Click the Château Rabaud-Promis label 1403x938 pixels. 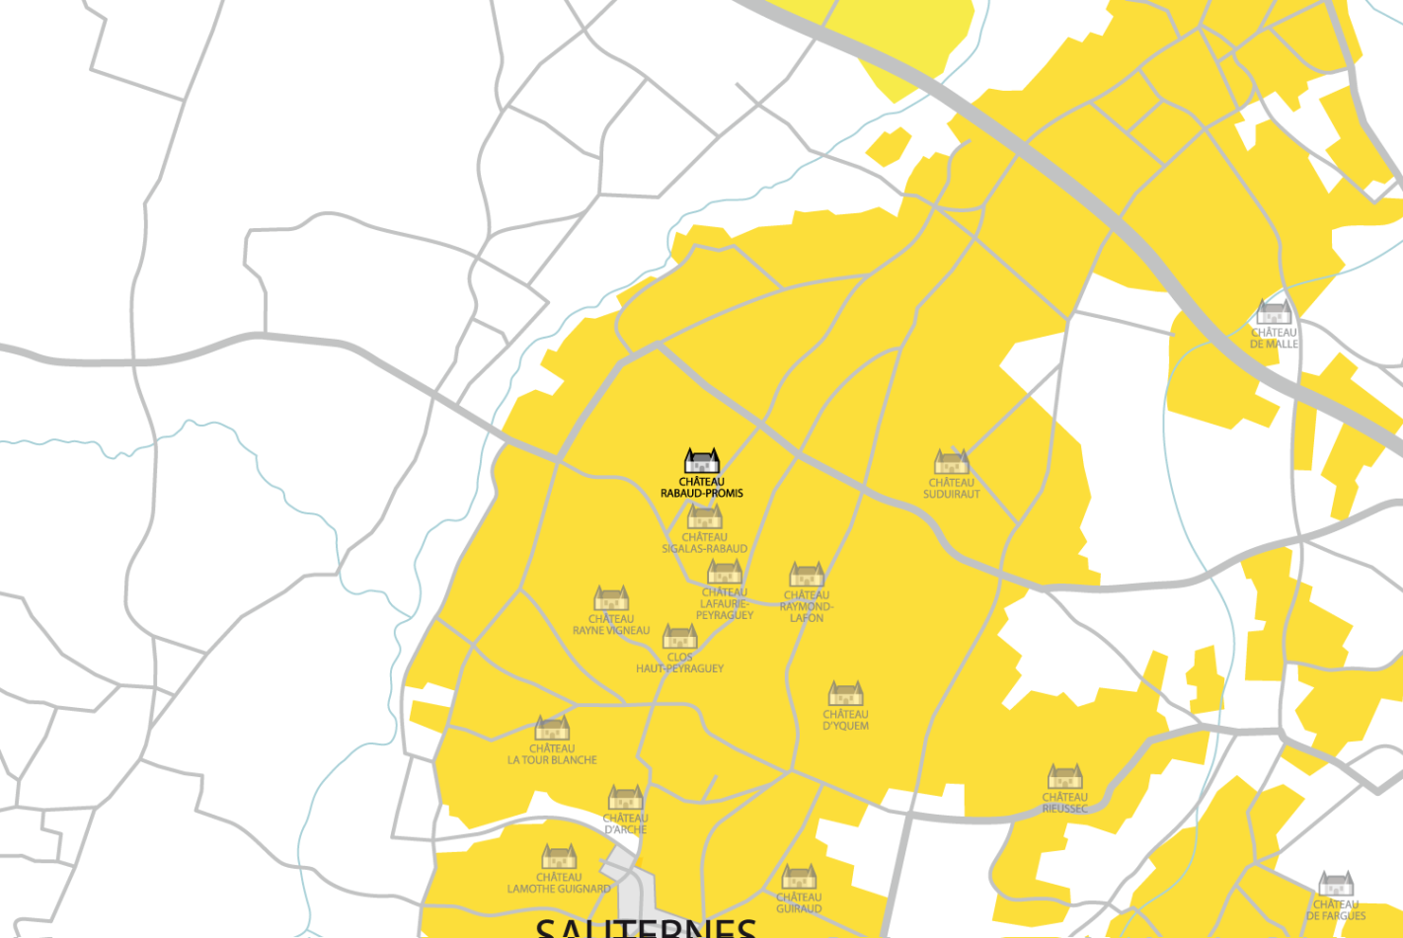point(702,488)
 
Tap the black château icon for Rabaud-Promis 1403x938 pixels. point(702,461)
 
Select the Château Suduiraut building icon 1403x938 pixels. point(952,462)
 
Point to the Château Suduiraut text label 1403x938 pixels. point(952,489)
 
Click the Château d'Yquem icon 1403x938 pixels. point(846,693)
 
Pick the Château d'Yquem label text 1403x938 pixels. point(846,720)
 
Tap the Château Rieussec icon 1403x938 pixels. point(1065,776)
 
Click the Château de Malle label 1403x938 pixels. point(1274,339)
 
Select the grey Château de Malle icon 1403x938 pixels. point(1274,313)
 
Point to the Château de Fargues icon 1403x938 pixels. point(1336,884)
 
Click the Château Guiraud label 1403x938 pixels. point(799,903)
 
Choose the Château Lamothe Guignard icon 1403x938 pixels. point(559,856)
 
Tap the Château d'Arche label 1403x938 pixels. point(626,823)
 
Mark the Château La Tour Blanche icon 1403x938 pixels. point(552,728)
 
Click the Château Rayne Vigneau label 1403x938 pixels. point(611,625)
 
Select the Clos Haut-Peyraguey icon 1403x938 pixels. point(680,637)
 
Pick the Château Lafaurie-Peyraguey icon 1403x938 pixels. point(725,572)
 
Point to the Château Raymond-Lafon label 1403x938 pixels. point(807,606)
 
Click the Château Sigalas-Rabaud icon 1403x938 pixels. point(705,516)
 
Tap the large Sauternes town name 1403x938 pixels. point(646,928)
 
